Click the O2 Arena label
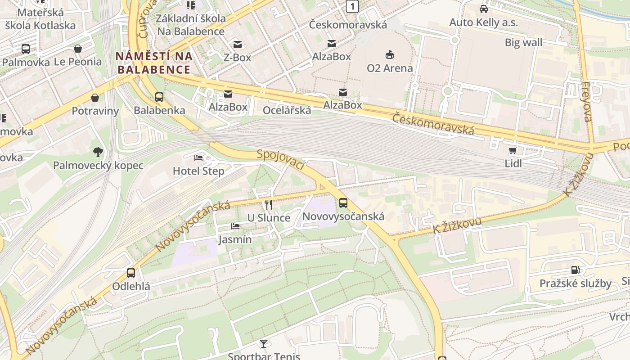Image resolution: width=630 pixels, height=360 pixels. tap(390, 68)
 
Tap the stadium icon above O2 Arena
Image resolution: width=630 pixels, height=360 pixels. tap(390, 55)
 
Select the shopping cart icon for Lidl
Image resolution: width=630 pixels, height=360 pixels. tap(513, 150)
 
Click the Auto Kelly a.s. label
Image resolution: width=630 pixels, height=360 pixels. tap(484, 22)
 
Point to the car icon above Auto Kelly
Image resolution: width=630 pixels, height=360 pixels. tap(484, 9)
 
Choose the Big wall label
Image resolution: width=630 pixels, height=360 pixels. tap(523, 43)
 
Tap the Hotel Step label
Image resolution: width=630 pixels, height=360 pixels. tap(198, 171)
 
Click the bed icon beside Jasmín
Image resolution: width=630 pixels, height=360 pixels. tap(235, 226)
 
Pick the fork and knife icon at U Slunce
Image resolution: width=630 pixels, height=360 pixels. tap(269, 205)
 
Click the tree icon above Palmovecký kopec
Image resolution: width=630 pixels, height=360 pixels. tap(98, 152)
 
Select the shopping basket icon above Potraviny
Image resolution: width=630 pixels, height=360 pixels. tap(95, 98)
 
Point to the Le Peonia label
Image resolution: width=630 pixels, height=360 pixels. tap(78, 62)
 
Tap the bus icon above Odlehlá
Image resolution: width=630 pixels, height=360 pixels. tap(131, 273)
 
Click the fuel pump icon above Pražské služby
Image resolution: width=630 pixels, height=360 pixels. tap(575, 270)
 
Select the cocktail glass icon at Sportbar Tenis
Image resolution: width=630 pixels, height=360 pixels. tap(264, 344)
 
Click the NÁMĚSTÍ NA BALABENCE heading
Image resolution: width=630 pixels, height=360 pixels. tap(154, 63)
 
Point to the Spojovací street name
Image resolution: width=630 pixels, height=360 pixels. tap(281, 160)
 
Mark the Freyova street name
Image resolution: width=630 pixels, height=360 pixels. tap(586, 102)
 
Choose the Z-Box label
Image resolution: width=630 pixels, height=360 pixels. tap(237, 58)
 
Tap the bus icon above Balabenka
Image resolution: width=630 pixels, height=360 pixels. tap(159, 97)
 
